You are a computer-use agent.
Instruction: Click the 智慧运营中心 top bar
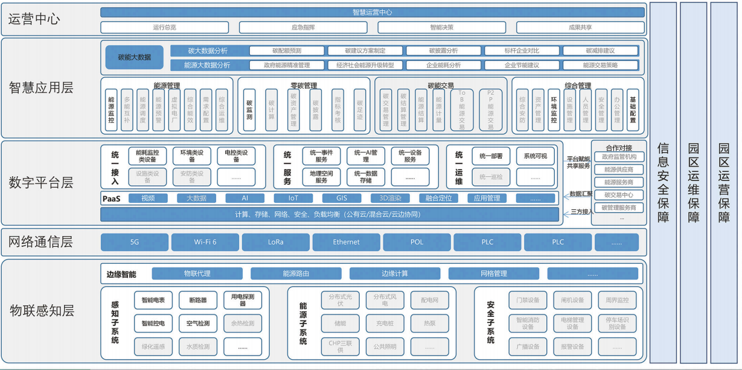click(x=372, y=12)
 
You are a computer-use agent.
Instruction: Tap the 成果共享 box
click(x=580, y=27)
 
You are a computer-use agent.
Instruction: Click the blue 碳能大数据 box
click(x=134, y=57)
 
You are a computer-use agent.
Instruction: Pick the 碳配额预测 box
click(x=286, y=51)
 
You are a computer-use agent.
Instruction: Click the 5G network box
click(x=135, y=242)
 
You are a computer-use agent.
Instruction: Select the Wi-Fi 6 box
click(x=205, y=242)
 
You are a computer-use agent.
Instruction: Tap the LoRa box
click(x=276, y=242)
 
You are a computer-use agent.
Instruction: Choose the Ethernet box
click(x=347, y=242)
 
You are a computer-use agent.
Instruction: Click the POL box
click(x=417, y=242)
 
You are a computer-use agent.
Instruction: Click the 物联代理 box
click(x=197, y=274)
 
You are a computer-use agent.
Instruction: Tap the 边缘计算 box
click(x=395, y=274)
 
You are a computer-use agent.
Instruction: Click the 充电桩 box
click(x=385, y=324)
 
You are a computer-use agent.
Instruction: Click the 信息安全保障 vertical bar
click(x=663, y=182)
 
